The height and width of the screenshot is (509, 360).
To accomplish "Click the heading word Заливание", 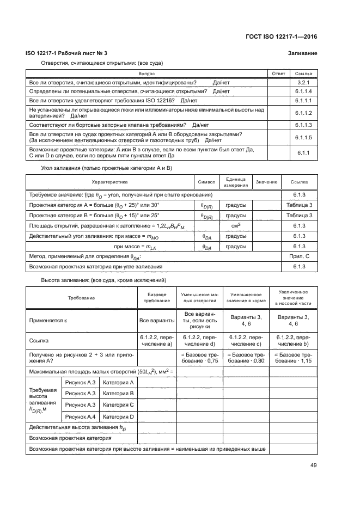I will coord(302,53).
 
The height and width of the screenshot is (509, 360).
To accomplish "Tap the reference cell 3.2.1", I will coord(303,82).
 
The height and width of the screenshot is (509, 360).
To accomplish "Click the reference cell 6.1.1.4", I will coord(303,91).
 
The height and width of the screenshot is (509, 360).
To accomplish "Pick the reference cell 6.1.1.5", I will coord(303,138).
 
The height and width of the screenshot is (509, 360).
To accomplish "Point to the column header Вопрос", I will coord(146,73).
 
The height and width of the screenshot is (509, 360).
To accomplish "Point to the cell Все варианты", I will coord(156,321).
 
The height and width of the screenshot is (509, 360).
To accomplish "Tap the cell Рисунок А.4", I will coord(80,417).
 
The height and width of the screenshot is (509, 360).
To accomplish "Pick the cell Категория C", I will coord(118,405).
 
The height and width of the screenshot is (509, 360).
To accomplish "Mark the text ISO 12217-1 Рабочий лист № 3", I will coord(67,53).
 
